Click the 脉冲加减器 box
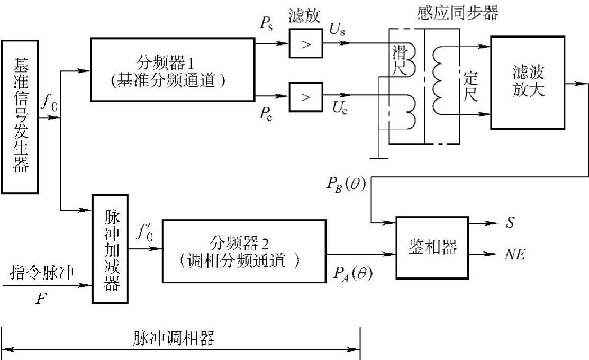click(x=110, y=248)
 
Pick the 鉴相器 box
click(x=432, y=247)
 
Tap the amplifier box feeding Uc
click(x=305, y=97)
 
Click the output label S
click(x=509, y=223)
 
